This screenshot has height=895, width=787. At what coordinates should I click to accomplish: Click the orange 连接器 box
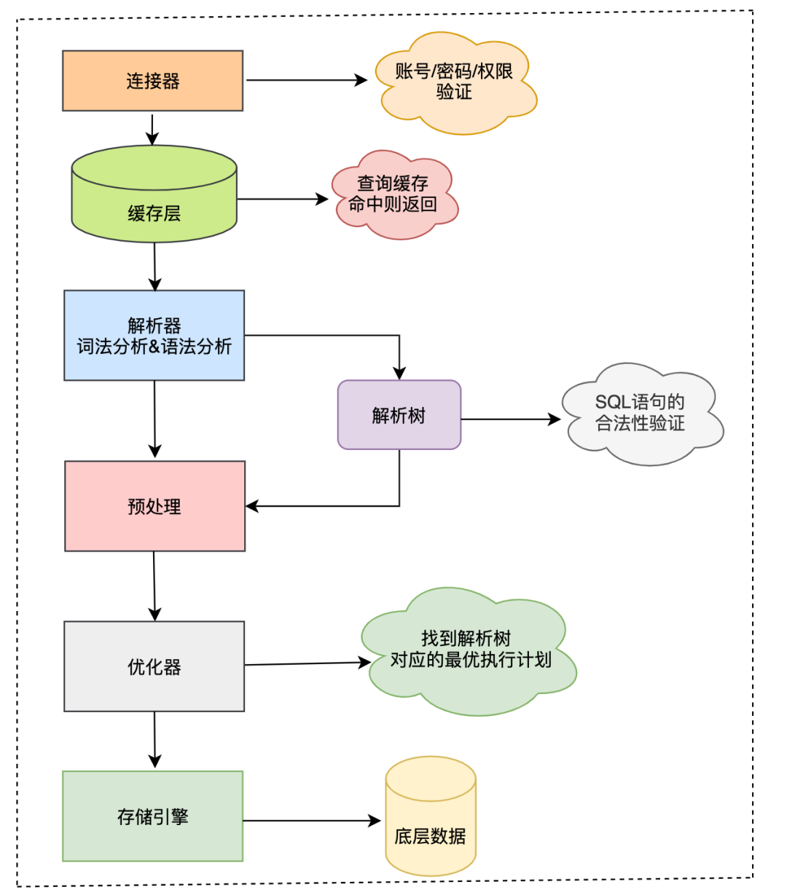point(152,81)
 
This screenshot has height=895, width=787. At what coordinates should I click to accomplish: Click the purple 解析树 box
point(399,415)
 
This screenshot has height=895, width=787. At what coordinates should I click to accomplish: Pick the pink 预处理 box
point(154,506)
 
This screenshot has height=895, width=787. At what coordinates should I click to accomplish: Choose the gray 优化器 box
point(154,666)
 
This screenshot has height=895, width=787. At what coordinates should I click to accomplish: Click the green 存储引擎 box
point(152,816)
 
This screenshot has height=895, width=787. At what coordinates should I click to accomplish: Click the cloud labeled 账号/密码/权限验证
point(454,82)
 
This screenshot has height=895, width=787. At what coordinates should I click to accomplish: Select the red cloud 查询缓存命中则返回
point(393,194)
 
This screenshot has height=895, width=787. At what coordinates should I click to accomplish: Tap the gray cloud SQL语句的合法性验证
point(640,414)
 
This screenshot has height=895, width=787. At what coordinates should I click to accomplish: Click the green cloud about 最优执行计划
point(469,650)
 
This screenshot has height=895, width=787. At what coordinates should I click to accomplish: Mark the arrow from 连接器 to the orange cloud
point(306,80)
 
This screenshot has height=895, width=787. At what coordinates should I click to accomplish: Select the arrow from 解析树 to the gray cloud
point(510,419)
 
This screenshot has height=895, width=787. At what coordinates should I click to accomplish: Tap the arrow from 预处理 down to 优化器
point(154,586)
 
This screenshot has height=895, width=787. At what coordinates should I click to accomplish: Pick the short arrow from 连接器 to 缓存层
point(152,130)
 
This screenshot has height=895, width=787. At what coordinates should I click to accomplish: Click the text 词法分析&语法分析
point(154,347)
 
